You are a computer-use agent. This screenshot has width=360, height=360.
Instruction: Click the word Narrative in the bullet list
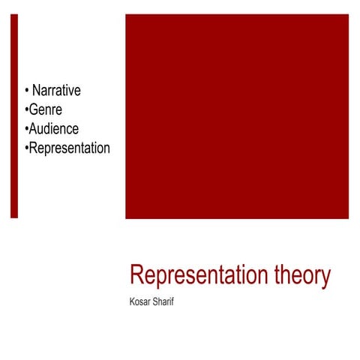(x=56, y=91)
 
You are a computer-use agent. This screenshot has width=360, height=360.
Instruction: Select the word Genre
(x=45, y=109)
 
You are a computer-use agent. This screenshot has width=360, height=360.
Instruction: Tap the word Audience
(x=53, y=128)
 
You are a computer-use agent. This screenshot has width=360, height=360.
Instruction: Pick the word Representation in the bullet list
(x=69, y=148)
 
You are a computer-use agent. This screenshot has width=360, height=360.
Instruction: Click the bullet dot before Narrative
(x=27, y=91)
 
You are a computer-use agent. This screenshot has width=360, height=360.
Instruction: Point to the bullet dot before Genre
(x=26, y=110)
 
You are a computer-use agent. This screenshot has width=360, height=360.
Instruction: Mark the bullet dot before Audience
(x=26, y=129)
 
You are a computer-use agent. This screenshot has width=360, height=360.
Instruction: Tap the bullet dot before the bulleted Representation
(x=26, y=148)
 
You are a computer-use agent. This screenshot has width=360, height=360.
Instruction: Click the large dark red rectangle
(x=236, y=116)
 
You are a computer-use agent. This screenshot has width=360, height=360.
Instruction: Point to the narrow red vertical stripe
(x=13, y=116)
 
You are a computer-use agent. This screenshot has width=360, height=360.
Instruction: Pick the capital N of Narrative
(x=37, y=91)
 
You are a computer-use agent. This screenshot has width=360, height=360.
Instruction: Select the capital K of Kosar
(x=133, y=304)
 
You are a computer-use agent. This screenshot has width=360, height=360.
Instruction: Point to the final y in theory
(x=325, y=279)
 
